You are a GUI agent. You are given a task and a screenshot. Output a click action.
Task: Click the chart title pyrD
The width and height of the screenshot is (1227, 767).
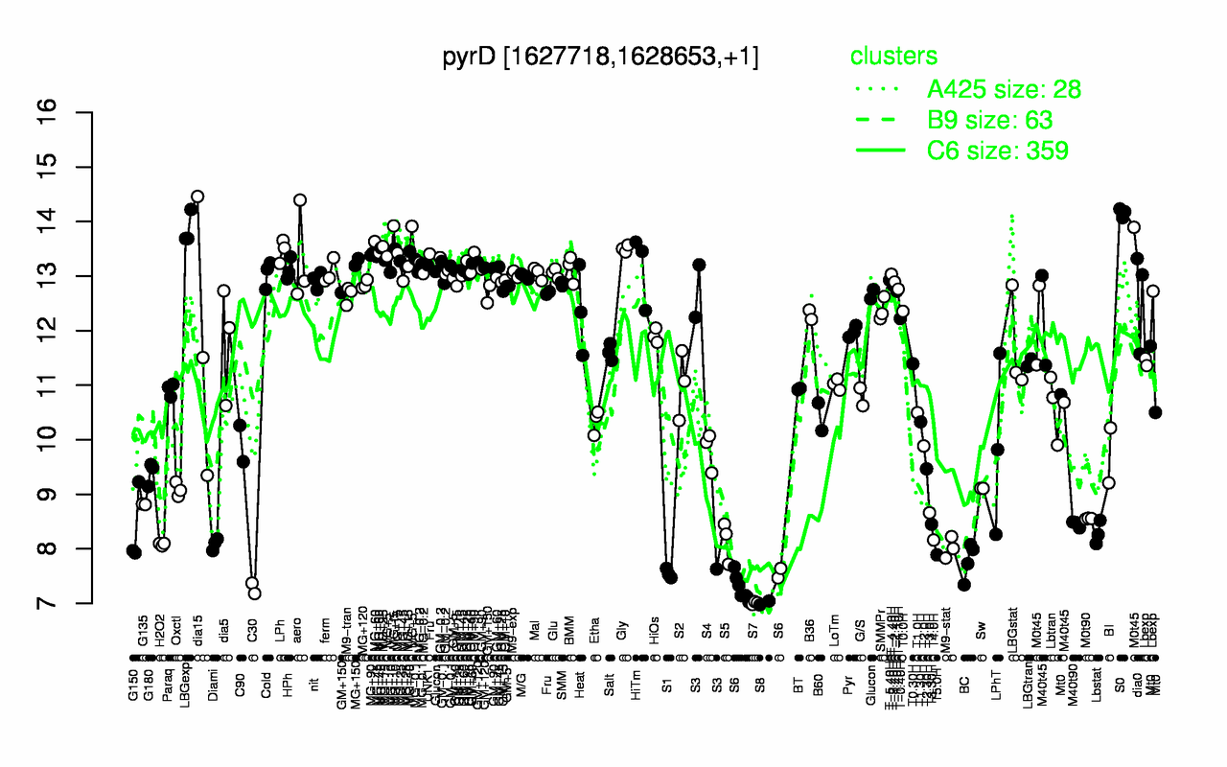(x=600, y=57)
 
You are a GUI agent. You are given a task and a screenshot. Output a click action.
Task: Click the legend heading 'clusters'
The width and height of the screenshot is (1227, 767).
(x=893, y=57)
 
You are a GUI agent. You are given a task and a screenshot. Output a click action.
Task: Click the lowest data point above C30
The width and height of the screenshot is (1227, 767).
(x=255, y=593)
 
